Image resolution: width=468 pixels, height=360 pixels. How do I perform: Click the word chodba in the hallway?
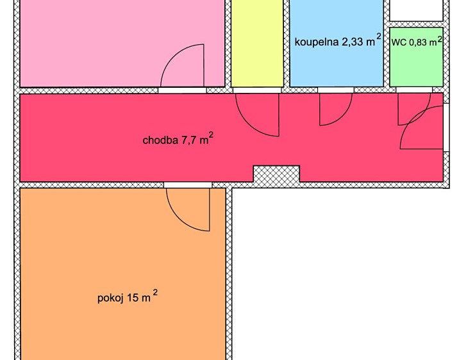click(160, 140)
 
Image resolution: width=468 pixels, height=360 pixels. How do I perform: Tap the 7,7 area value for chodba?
click(188, 140)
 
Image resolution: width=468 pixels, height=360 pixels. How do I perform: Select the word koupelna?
click(316, 42)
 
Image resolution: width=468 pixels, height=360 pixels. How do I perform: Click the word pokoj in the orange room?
click(110, 298)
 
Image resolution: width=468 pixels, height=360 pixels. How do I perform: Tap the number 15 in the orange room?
click(133, 298)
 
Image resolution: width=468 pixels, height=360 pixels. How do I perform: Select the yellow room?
click(257, 44)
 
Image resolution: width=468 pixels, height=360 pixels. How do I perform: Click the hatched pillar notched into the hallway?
click(276, 174)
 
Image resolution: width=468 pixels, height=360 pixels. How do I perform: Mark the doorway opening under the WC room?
click(414, 90)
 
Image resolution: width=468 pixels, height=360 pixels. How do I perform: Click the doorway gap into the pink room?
click(182, 90)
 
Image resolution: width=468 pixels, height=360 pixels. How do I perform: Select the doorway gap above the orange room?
click(188, 185)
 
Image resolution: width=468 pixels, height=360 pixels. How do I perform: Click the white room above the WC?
click(416, 10)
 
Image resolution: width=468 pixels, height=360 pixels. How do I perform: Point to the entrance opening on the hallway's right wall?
click(446, 127)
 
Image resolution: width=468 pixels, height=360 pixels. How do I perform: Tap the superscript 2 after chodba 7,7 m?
click(211, 135)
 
